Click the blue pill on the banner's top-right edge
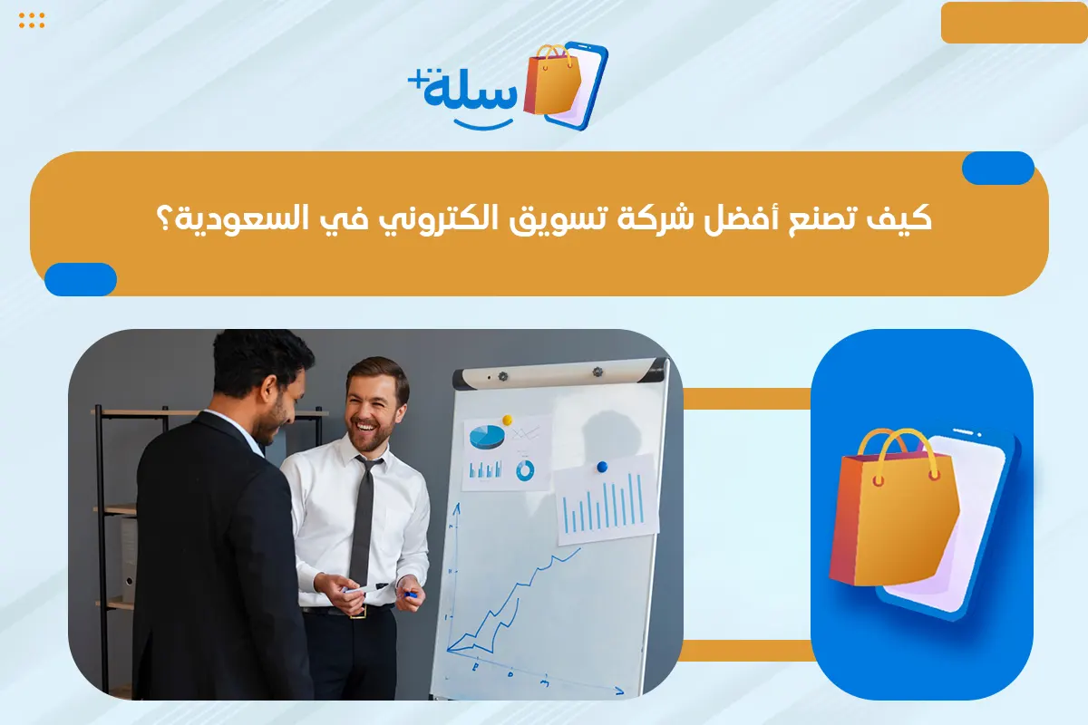[x=997, y=169]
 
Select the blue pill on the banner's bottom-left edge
[x=81, y=279]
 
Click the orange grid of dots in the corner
[x=32, y=21]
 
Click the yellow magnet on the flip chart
[x=507, y=420]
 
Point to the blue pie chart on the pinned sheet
[x=487, y=437]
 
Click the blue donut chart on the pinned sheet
[x=525, y=470]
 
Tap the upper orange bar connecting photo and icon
[x=746, y=399]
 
